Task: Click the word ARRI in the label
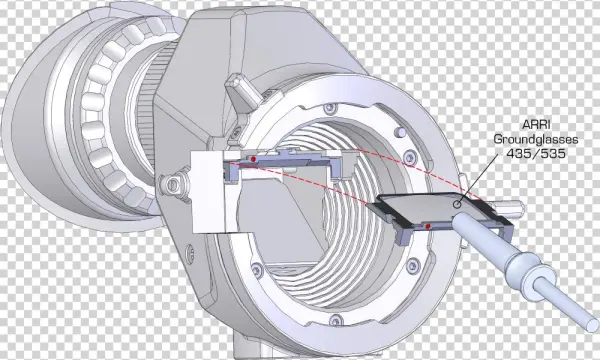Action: point(534,125)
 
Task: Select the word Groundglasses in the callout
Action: point(535,139)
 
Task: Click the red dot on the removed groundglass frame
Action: point(429,226)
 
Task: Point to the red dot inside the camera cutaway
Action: point(253,159)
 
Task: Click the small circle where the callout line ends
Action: point(457,204)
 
